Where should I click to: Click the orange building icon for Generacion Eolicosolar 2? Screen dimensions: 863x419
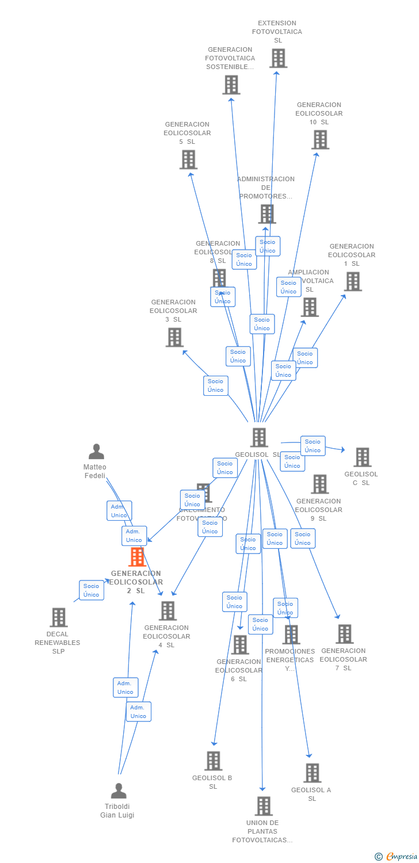click(x=137, y=557)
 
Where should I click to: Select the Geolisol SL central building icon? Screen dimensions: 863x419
click(x=259, y=437)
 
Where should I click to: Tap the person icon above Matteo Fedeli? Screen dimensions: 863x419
click(x=96, y=452)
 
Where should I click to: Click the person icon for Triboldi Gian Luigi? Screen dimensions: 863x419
click(x=119, y=791)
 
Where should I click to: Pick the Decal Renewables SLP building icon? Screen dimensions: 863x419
click(x=58, y=617)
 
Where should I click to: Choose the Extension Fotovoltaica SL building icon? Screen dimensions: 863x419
click(x=278, y=58)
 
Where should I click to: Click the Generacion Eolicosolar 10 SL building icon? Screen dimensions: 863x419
click(x=320, y=139)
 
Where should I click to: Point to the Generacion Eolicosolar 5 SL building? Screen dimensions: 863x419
click(x=188, y=159)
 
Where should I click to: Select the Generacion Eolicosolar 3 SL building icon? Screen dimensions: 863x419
click(x=174, y=337)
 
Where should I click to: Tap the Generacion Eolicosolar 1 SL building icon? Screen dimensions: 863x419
click(x=353, y=281)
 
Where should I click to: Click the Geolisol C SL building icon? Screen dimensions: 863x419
click(x=362, y=457)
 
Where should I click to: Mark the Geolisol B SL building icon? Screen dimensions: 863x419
click(x=214, y=761)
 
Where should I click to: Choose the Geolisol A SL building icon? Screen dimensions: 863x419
click(x=312, y=773)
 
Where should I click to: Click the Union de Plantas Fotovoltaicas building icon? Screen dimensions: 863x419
click(x=264, y=806)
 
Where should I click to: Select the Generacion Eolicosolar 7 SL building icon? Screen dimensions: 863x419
click(x=344, y=634)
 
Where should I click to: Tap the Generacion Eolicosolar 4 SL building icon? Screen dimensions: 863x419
click(x=167, y=610)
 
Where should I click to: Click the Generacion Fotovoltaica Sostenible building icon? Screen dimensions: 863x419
click(x=231, y=85)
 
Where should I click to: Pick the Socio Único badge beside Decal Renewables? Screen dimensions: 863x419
click(x=92, y=590)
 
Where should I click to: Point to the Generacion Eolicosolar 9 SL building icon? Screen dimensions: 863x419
click(x=320, y=484)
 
